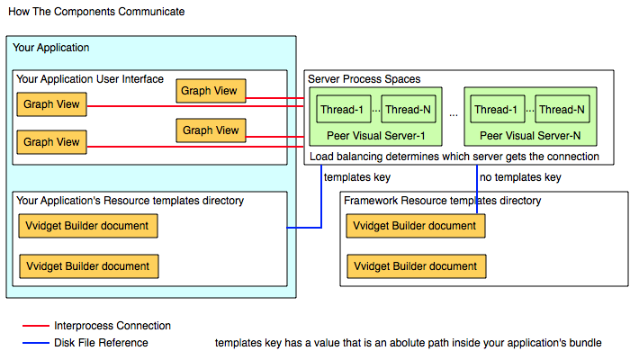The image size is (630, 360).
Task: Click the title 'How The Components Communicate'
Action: (x=96, y=12)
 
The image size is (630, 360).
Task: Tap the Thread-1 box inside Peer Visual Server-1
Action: (x=343, y=109)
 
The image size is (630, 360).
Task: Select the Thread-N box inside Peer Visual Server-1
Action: (x=409, y=109)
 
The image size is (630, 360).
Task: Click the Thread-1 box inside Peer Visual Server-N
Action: (x=498, y=109)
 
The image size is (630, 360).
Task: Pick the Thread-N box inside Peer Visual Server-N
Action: (x=562, y=109)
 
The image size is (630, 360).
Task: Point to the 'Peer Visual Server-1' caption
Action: (x=375, y=136)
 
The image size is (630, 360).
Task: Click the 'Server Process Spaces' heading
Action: (x=364, y=79)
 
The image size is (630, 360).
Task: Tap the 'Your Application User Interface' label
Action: (x=90, y=79)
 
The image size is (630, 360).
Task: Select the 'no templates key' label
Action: (x=520, y=177)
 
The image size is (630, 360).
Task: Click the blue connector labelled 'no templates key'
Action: (x=477, y=189)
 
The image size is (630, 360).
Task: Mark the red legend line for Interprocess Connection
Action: (x=36, y=326)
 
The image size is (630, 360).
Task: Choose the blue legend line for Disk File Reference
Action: (x=36, y=343)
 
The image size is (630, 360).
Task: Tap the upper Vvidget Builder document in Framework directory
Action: (x=416, y=226)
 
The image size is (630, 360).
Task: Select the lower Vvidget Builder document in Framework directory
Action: (x=416, y=266)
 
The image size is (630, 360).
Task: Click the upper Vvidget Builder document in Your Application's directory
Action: (x=88, y=226)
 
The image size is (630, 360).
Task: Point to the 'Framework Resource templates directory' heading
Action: (x=443, y=201)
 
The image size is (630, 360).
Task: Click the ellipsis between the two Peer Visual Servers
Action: (x=454, y=115)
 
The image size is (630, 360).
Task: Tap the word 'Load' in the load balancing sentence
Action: (x=321, y=157)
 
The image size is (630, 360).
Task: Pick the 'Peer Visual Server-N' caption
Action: (x=530, y=136)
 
